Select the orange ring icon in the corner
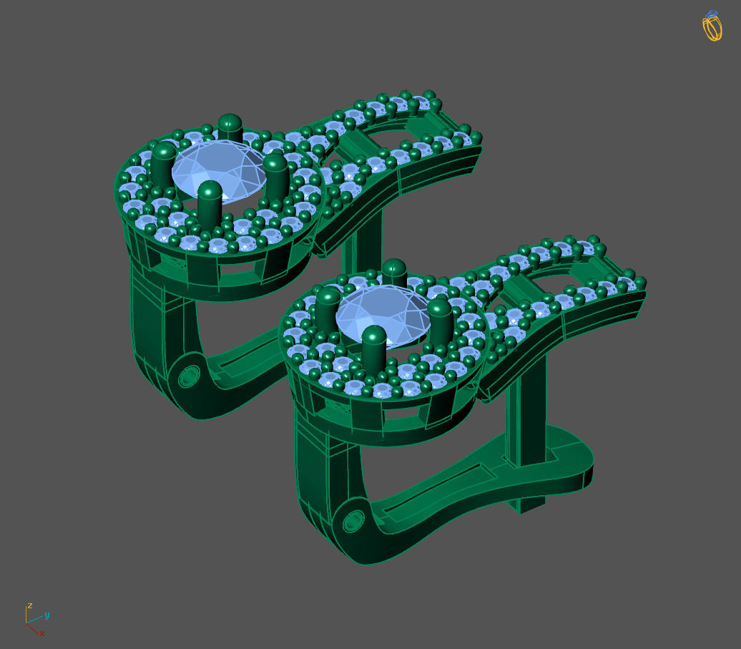[x=712, y=27]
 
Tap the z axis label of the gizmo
[x=29, y=605]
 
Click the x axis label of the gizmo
[x=42, y=633]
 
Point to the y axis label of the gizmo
[x=47, y=615]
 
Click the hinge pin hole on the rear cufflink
[x=189, y=376]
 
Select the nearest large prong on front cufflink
[x=373, y=348]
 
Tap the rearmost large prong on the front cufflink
[x=394, y=274]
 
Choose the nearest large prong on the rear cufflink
[x=210, y=204]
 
